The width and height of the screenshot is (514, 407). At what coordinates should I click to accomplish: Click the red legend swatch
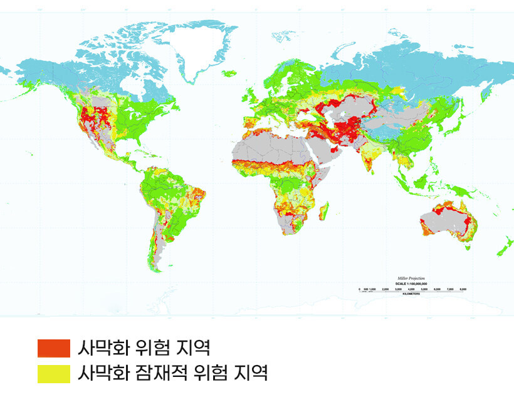53,348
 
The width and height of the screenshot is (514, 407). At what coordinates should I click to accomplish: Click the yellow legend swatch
53,374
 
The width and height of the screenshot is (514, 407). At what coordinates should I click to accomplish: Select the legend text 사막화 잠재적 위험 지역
172,374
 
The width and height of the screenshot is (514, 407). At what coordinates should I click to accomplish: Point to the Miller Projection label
411,277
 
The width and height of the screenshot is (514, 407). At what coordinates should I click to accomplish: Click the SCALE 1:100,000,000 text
411,283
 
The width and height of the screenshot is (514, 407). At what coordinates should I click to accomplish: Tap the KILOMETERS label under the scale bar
411,294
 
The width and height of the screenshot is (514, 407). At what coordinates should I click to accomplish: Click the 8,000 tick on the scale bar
463,289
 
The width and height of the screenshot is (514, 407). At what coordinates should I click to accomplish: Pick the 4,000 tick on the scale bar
411,289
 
